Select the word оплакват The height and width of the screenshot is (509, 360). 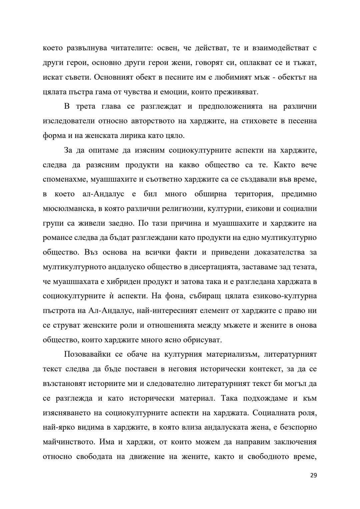click(x=252, y=63)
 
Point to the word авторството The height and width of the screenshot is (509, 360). click(x=153, y=121)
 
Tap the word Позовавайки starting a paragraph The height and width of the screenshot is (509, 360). click(x=87, y=354)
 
